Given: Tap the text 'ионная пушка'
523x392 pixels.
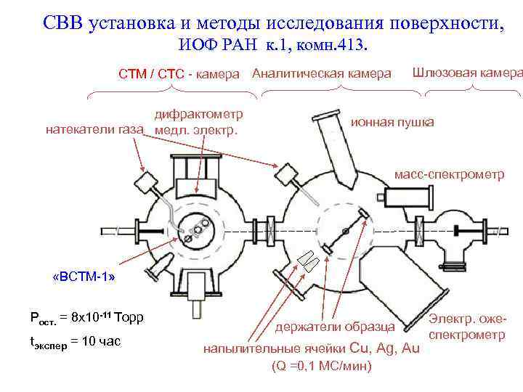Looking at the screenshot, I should click(392, 122).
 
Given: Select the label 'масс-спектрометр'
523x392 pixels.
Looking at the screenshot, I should click(448, 175).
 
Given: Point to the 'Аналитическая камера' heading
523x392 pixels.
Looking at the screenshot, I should click(322, 73).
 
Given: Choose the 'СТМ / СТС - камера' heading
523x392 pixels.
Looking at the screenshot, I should click(179, 74).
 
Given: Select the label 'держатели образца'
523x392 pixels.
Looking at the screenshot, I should click(335, 327).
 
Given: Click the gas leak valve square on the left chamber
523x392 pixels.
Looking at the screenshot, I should click(148, 181).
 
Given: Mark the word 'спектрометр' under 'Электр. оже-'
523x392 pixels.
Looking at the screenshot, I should click(467, 335).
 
